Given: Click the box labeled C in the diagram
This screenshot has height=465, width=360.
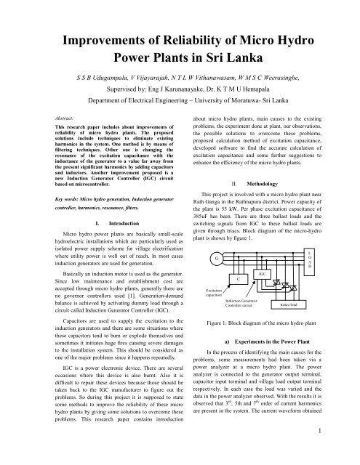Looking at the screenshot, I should (241, 279).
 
